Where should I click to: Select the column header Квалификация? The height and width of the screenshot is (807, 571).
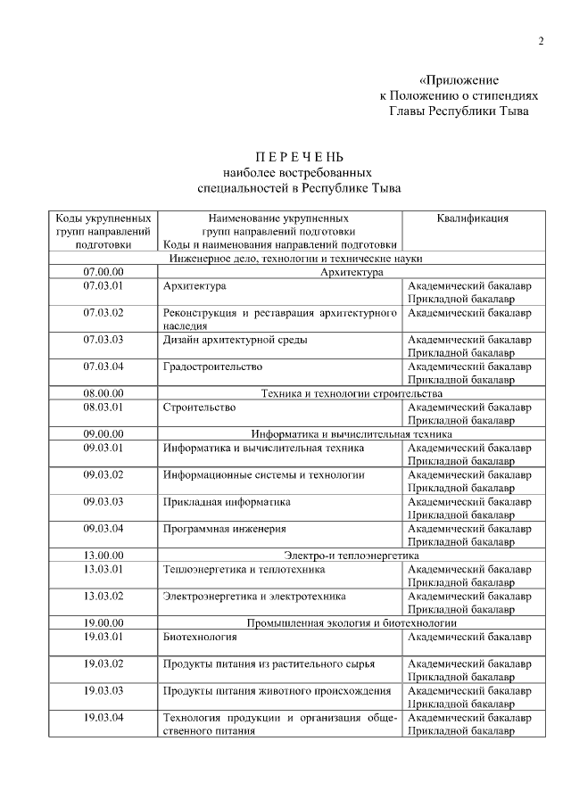(x=473, y=218)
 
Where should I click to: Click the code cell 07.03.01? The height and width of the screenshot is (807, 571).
(x=103, y=286)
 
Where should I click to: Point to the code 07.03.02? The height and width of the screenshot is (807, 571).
(x=103, y=313)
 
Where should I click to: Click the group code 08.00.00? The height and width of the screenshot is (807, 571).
(x=103, y=393)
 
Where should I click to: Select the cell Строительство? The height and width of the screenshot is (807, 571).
(x=199, y=408)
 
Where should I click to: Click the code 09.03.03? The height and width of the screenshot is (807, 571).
(x=103, y=502)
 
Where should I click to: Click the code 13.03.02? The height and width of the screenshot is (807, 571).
(x=103, y=596)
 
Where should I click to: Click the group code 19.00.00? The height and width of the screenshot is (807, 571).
(x=103, y=622)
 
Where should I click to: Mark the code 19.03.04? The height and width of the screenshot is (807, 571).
(x=103, y=718)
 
